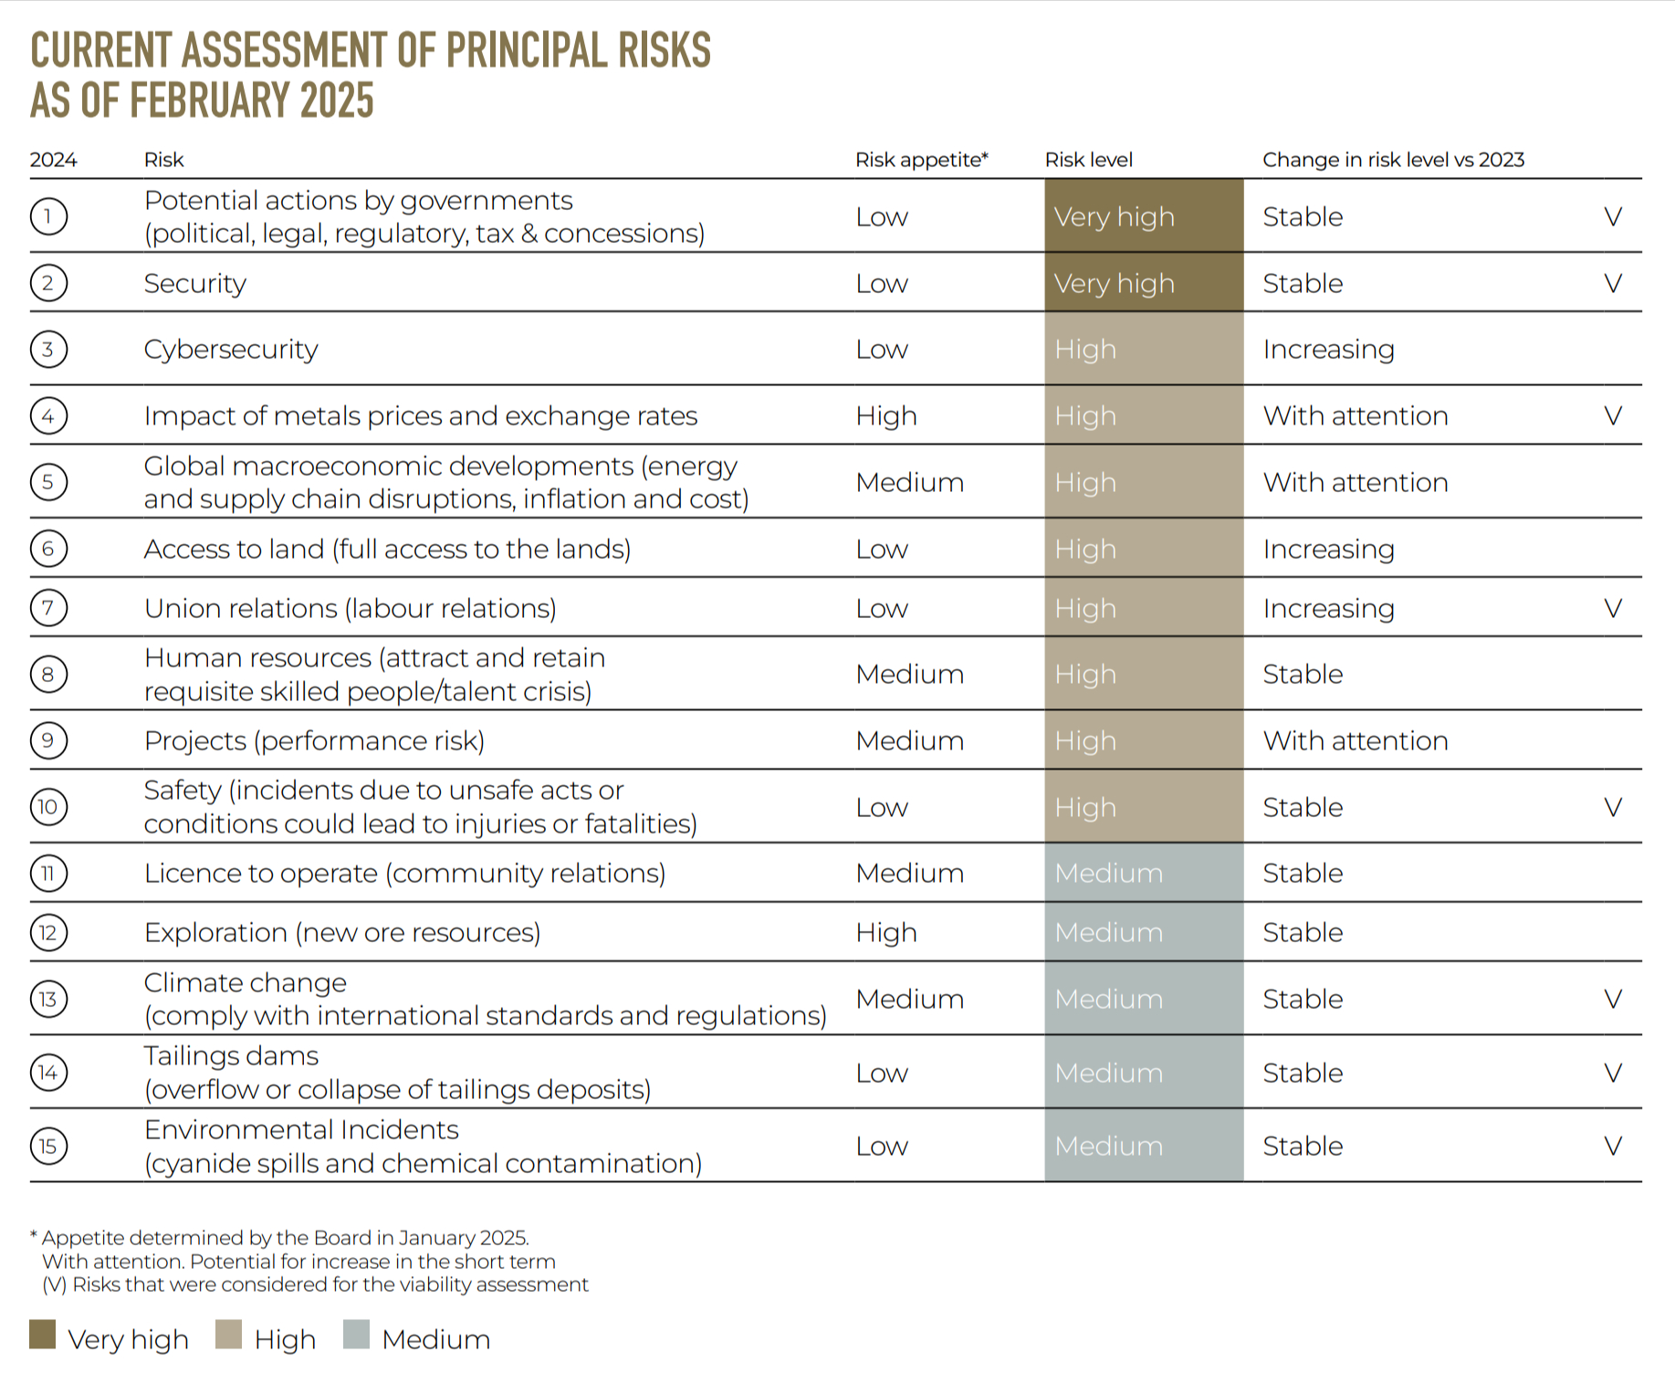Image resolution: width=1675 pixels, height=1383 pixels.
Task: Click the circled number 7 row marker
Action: click(48, 608)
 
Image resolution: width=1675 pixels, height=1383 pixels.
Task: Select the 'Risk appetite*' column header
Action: click(921, 160)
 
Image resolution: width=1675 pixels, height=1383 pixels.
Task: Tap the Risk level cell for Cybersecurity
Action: click(1143, 349)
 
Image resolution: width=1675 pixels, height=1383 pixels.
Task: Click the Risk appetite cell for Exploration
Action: click(885, 932)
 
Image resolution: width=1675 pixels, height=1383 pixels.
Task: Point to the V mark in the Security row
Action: click(1612, 283)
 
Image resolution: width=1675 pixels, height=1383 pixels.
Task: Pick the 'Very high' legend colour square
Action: click(43, 1335)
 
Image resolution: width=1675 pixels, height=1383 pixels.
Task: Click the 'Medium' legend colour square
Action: click(357, 1335)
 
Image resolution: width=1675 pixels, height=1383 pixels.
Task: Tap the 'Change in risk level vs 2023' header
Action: click(1393, 160)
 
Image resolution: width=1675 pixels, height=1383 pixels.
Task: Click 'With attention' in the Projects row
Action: click(1355, 740)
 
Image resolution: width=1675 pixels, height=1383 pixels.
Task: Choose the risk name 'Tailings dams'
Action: click(231, 1056)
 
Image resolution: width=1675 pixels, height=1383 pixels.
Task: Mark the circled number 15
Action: click(48, 1146)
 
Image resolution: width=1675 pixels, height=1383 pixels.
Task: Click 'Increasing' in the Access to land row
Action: click(1328, 549)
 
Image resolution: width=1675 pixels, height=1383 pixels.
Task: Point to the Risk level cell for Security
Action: click(1143, 283)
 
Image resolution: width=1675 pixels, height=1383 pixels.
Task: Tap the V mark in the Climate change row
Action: click(1612, 999)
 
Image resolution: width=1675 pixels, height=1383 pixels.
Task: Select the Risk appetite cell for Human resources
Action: click(909, 674)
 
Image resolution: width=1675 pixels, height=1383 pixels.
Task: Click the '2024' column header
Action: click(53, 160)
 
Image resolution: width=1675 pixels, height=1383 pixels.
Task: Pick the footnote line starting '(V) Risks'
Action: click(315, 1284)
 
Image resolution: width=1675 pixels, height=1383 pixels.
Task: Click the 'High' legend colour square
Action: click(229, 1335)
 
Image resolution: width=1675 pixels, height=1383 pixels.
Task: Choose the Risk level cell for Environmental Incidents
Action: click(1143, 1146)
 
